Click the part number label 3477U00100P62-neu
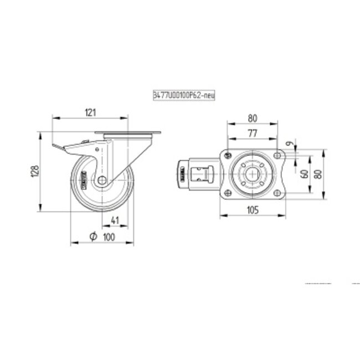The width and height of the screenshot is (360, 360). pyautogui.click(x=183, y=96)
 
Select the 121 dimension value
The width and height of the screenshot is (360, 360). pyautogui.click(x=91, y=112)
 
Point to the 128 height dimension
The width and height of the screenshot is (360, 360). pyautogui.click(x=33, y=171)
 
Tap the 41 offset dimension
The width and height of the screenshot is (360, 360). pyautogui.click(x=115, y=220)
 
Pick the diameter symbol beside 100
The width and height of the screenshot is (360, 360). pyautogui.click(x=93, y=236)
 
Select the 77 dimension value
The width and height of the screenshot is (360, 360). pyautogui.click(x=253, y=132)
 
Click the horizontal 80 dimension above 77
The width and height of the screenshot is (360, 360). pyautogui.click(x=253, y=118)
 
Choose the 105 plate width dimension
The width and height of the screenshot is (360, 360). pyautogui.click(x=253, y=209)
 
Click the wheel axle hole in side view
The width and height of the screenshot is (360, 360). pyautogui.click(x=102, y=181)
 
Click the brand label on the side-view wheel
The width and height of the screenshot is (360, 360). pyautogui.click(x=84, y=181)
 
